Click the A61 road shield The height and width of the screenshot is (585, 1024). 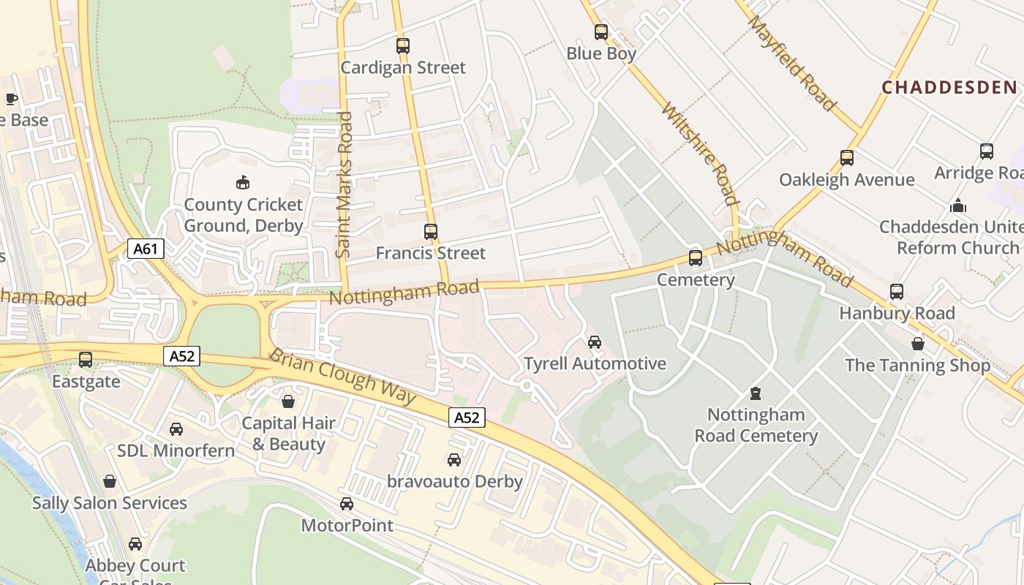click(145, 249)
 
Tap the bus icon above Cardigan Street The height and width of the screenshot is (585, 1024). click(403, 46)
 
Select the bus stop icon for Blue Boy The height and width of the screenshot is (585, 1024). click(601, 32)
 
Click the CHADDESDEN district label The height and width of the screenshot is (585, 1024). click(949, 88)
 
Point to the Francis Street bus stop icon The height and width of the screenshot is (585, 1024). click(431, 232)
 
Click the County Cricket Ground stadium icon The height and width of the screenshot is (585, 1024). click(242, 181)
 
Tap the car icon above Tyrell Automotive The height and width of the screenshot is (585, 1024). click(595, 341)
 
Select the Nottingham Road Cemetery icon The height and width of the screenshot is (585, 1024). click(756, 393)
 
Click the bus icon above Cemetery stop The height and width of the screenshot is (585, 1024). click(696, 258)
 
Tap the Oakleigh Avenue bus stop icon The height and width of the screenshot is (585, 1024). click(847, 158)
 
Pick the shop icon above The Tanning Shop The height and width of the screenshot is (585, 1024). click(918, 343)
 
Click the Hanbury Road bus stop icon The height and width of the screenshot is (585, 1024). click(897, 292)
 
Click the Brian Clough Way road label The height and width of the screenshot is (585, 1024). click(342, 377)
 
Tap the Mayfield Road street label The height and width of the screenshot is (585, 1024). click(792, 63)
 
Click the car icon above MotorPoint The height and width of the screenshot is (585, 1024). click(347, 504)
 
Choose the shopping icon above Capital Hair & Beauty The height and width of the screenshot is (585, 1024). click(288, 401)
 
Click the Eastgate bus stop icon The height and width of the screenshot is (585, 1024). click(86, 360)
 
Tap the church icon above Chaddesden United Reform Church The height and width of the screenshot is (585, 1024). click(958, 205)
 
